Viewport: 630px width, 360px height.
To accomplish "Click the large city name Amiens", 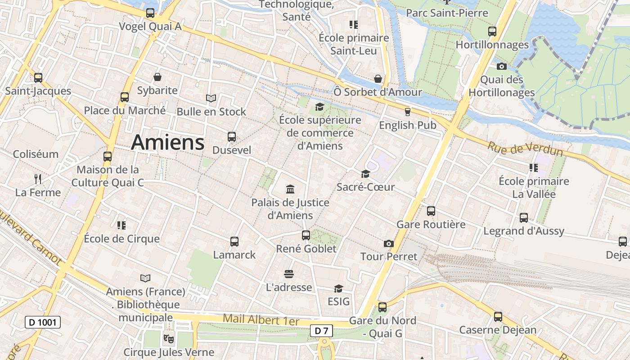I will click(167, 143).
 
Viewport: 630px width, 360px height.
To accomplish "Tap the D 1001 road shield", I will click(42, 322).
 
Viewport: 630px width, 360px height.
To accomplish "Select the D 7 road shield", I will click(321, 331).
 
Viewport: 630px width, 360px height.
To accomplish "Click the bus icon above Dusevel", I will click(232, 137).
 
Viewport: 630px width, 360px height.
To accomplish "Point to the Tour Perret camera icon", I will click(389, 244).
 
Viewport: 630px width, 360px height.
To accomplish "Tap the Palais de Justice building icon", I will click(290, 189).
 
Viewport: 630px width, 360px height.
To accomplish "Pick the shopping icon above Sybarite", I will click(157, 77).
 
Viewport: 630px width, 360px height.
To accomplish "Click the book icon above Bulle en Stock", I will click(211, 98).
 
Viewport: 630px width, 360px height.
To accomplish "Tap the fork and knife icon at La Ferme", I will click(38, 179).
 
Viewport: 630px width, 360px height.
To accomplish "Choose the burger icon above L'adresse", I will click(289, 274).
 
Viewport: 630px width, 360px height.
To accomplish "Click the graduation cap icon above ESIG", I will click(338, 288).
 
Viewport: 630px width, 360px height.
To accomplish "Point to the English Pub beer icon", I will click(408, 112).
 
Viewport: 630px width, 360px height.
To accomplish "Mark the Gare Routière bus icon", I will click(431, 211).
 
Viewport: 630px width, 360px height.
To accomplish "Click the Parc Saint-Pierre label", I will click(447, 13).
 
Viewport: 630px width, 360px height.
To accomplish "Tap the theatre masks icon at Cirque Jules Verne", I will click(169, 338).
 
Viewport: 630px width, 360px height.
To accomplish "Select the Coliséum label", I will click(36, 154).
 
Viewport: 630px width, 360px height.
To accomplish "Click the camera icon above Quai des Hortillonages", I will click(501, 67).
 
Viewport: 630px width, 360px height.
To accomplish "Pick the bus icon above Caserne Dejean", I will click(498, 317).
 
